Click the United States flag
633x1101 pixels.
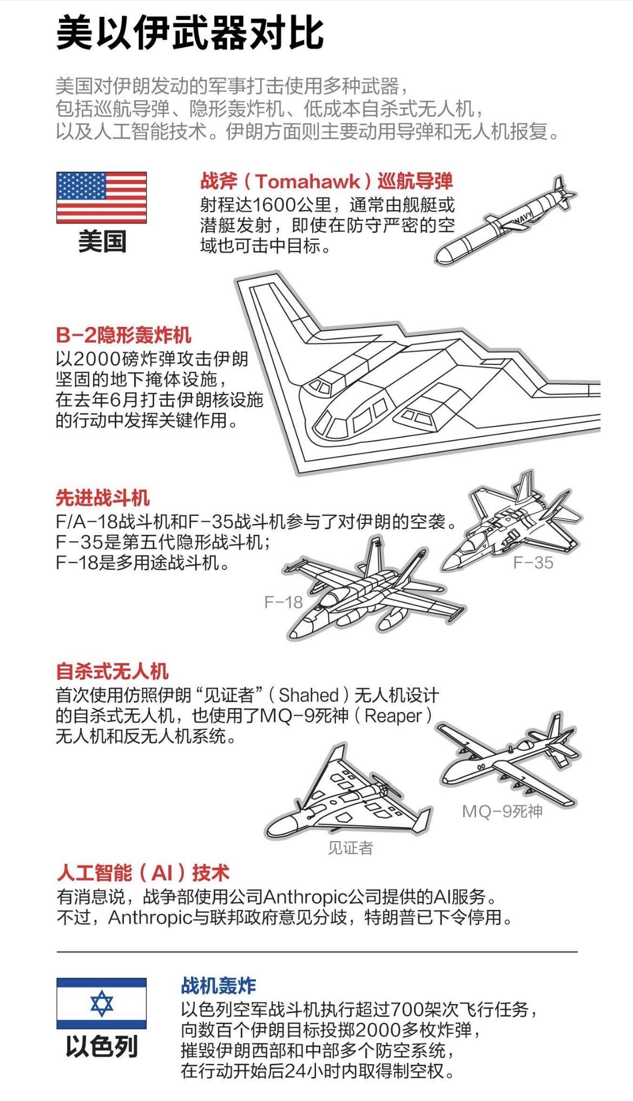pos(101,198)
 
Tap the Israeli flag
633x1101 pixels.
pos(101,1003)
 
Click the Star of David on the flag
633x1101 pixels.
pos(102,1003)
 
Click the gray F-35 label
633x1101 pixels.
pos(533,563)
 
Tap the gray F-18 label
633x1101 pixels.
pos(283,602)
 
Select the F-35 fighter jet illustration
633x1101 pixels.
pos(511,525)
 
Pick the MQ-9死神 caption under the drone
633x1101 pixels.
pos(502,811)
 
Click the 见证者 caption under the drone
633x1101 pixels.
pos(351,848)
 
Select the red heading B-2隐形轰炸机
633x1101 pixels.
pos(123,335)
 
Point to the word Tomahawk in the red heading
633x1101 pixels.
pos(307,181)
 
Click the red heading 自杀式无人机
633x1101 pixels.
pos(112,672)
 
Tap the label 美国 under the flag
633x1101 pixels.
pos(102,241)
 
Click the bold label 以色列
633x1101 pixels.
pos(102,1046)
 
